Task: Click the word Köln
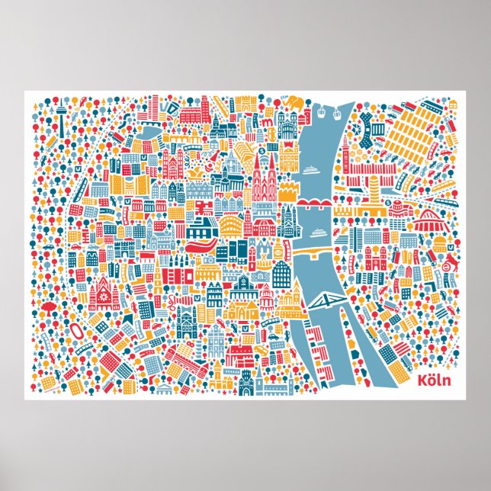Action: (434, 379)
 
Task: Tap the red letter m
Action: (267, 120)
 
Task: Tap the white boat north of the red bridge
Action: (311, 170)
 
